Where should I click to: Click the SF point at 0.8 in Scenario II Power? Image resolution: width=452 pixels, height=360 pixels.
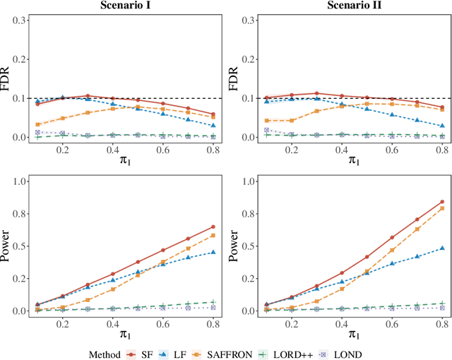442,201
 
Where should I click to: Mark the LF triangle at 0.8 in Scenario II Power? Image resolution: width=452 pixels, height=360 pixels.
442,248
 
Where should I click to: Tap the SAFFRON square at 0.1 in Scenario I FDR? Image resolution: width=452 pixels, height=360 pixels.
37,124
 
